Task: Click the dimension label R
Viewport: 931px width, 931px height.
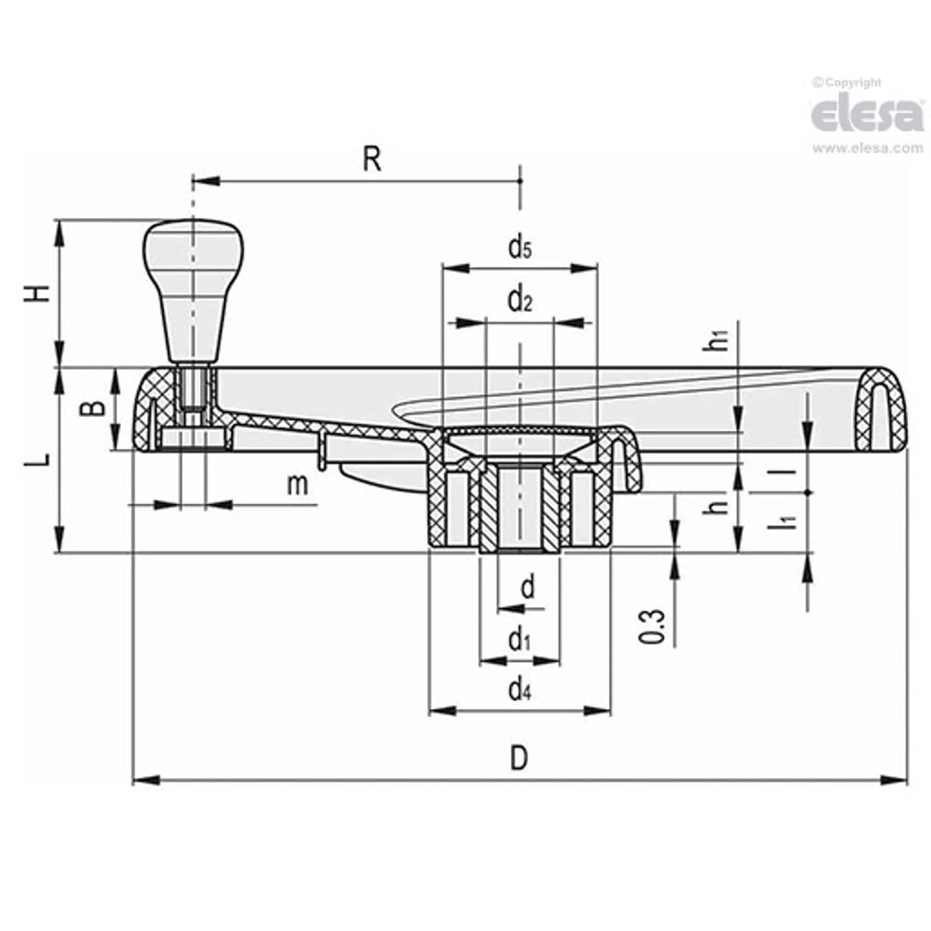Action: click(371, 160)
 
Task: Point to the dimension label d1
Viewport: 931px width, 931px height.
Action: click(519, 638)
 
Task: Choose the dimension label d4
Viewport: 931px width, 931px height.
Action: click(519, 690)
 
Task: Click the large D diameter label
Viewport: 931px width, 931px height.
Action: click(519, 758)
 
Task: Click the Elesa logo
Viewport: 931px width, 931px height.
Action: click(867, 115)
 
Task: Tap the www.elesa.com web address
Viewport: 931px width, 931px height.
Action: click(867, 148)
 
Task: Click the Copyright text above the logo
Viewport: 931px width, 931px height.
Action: click(847, 82)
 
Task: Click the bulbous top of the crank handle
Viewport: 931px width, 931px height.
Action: click(193, 245)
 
